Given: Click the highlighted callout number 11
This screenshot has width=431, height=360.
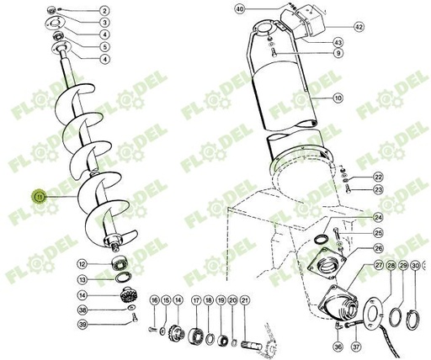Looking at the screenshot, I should point(39,196).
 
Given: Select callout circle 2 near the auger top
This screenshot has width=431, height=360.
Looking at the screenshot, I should point(104,9).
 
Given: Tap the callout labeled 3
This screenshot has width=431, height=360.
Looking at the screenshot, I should point(104,22).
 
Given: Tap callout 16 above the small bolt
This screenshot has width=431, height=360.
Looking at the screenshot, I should point(155,300).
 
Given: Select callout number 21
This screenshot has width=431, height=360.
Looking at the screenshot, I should point(245,300).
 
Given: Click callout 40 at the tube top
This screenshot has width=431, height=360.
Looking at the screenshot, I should point(240,9).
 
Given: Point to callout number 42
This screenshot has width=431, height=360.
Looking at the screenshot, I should point(359,27).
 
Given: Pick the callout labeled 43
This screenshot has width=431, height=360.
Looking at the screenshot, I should point(338,42).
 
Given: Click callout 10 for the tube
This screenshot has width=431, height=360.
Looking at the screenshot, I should point(338,98).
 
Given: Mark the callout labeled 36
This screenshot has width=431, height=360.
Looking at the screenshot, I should point(338,347).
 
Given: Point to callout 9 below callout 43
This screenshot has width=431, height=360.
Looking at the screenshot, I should point(338,54).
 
